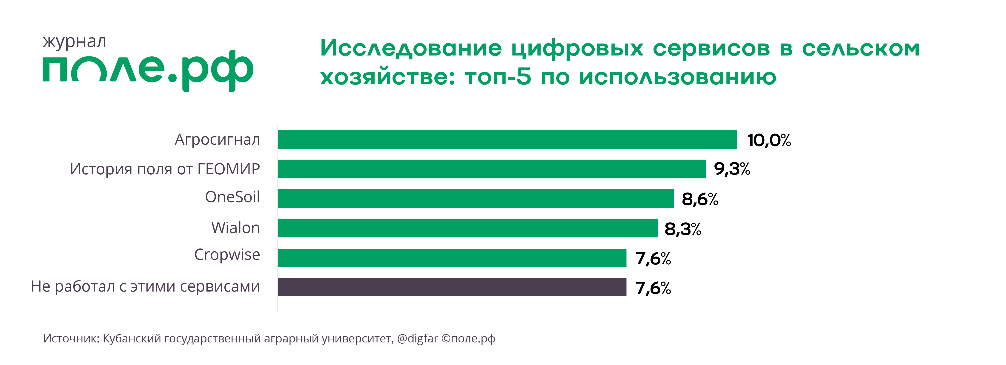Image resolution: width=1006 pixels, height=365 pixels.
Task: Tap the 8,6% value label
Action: [x=700, y=199]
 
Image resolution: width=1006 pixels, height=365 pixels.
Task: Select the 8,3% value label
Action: [x=683, y=229]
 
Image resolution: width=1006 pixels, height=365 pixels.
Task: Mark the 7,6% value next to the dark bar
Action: [x=653, y=288]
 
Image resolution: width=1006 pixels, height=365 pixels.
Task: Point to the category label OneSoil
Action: [x=232, y=197]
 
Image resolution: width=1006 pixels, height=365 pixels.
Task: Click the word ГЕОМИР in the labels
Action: [x=229, y=169]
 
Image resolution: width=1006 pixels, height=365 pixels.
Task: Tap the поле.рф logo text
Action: [x=148, y=70]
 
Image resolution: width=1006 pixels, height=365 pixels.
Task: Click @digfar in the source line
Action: [x=417, y=338]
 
